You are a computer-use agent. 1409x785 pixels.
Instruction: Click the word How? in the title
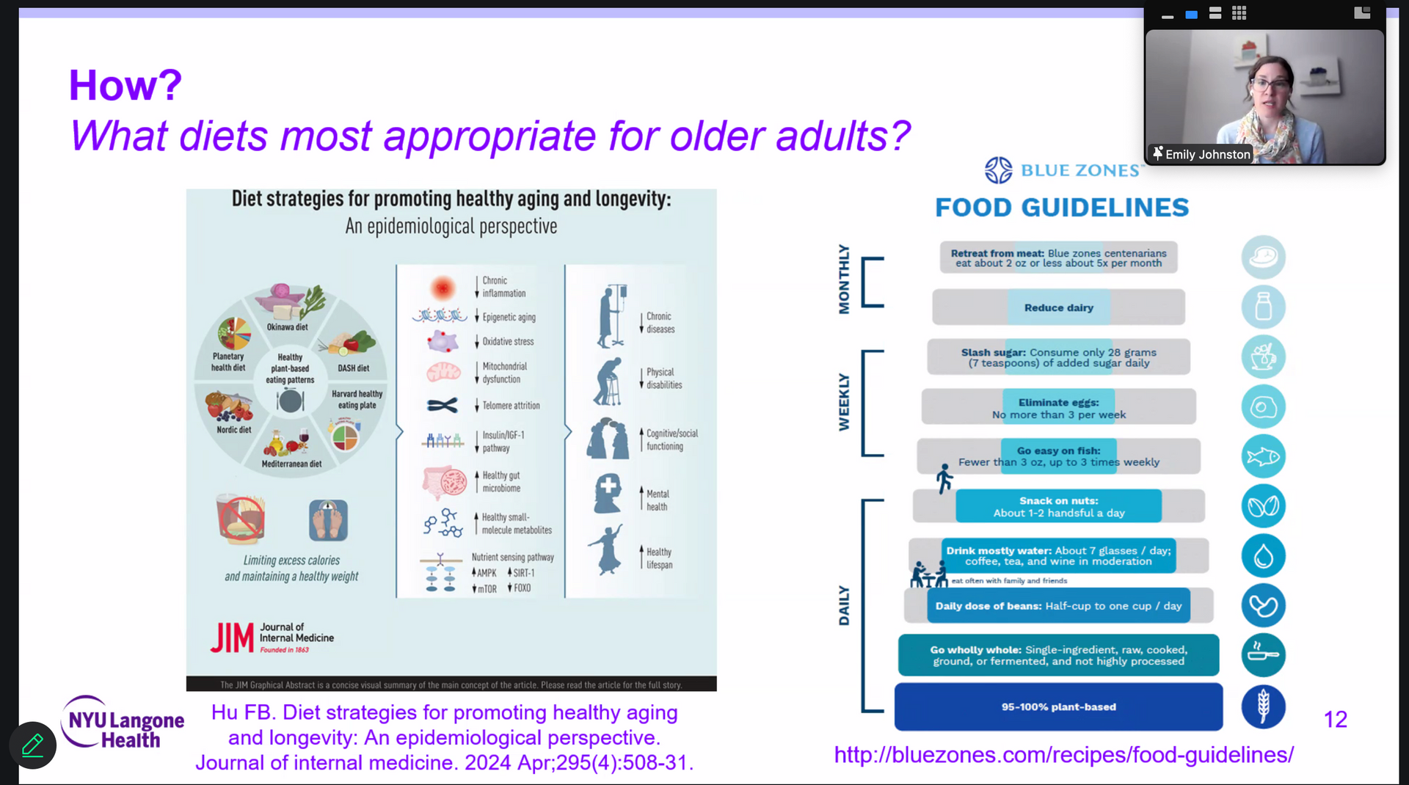pyautogui.click(x=125, y=85)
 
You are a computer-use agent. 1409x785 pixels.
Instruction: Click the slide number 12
pyautogui.click(x=1335, y=720)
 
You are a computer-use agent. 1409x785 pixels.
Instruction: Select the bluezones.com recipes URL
pyautogui.click(x=1063, y=755)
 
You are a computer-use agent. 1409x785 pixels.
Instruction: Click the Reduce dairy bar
pyautogui.click(x=1058, y=307)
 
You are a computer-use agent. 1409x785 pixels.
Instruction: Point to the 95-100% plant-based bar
pyautogui.click(x=1058, y=706)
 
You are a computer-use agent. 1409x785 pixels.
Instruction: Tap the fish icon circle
pyautogui.click(x=1263, y=456)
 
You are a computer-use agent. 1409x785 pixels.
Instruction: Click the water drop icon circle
pyautogui.click(x=1263, y=555)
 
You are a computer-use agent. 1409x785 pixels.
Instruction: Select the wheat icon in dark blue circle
pyautogui.click(x=1263, y=706)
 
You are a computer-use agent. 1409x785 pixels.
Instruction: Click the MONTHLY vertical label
pyautogui.click(x=844, y=280)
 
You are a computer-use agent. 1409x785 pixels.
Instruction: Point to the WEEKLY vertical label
pyautogui.click(x=844, y=402)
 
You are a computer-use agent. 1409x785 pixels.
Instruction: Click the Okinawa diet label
pyautogui.click(x=287, y=327)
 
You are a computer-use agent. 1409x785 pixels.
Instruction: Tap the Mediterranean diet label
pyautogui.click(x=291, y=464)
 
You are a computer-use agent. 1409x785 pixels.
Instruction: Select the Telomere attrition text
pyautogui.click(x=511, y=406)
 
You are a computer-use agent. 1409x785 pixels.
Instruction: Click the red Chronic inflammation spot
pyautogui.click(x=443, y=288)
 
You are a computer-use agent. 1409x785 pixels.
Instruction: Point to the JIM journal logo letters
pyautogui.click(x=232, y=638)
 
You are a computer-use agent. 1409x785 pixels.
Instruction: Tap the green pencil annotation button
pyautogui.click(x=33, y=745)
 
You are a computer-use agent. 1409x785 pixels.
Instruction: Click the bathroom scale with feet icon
pyautogui.click(x=328, y=520)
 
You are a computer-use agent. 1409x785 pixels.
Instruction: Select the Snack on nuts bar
pyautogui.click(x=1058, y=506)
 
